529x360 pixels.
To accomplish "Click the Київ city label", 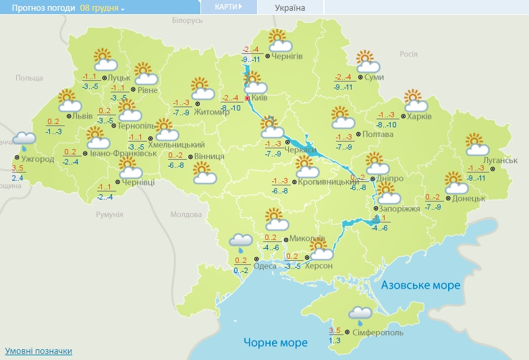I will tap(260, 98).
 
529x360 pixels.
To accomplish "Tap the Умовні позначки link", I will tap(38, 351).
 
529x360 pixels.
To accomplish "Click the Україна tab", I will tap(290, 8).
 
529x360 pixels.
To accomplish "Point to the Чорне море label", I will tap(275, 342).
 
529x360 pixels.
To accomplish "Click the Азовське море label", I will tap(420, 285).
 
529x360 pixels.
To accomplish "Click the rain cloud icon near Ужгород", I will tap(26, 140).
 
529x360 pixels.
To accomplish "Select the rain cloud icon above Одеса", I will tap(240, 241).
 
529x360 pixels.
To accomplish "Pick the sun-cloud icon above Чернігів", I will tap(279, 40).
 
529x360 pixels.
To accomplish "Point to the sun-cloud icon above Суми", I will tap(368, 61).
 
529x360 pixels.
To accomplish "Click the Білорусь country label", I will tap(187, 21).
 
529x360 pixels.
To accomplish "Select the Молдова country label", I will tap(186, 214).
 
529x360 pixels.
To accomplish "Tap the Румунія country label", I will tap(109, 214).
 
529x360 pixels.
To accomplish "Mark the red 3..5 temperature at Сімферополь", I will tap(335, 330).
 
